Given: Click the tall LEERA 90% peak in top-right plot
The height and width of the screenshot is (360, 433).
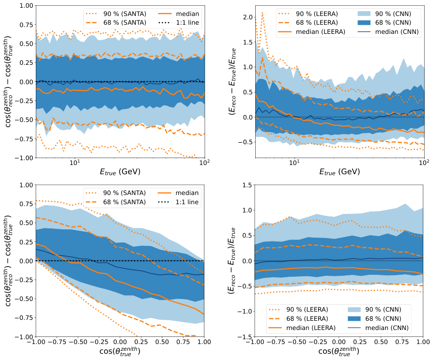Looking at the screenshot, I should (262, 14).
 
